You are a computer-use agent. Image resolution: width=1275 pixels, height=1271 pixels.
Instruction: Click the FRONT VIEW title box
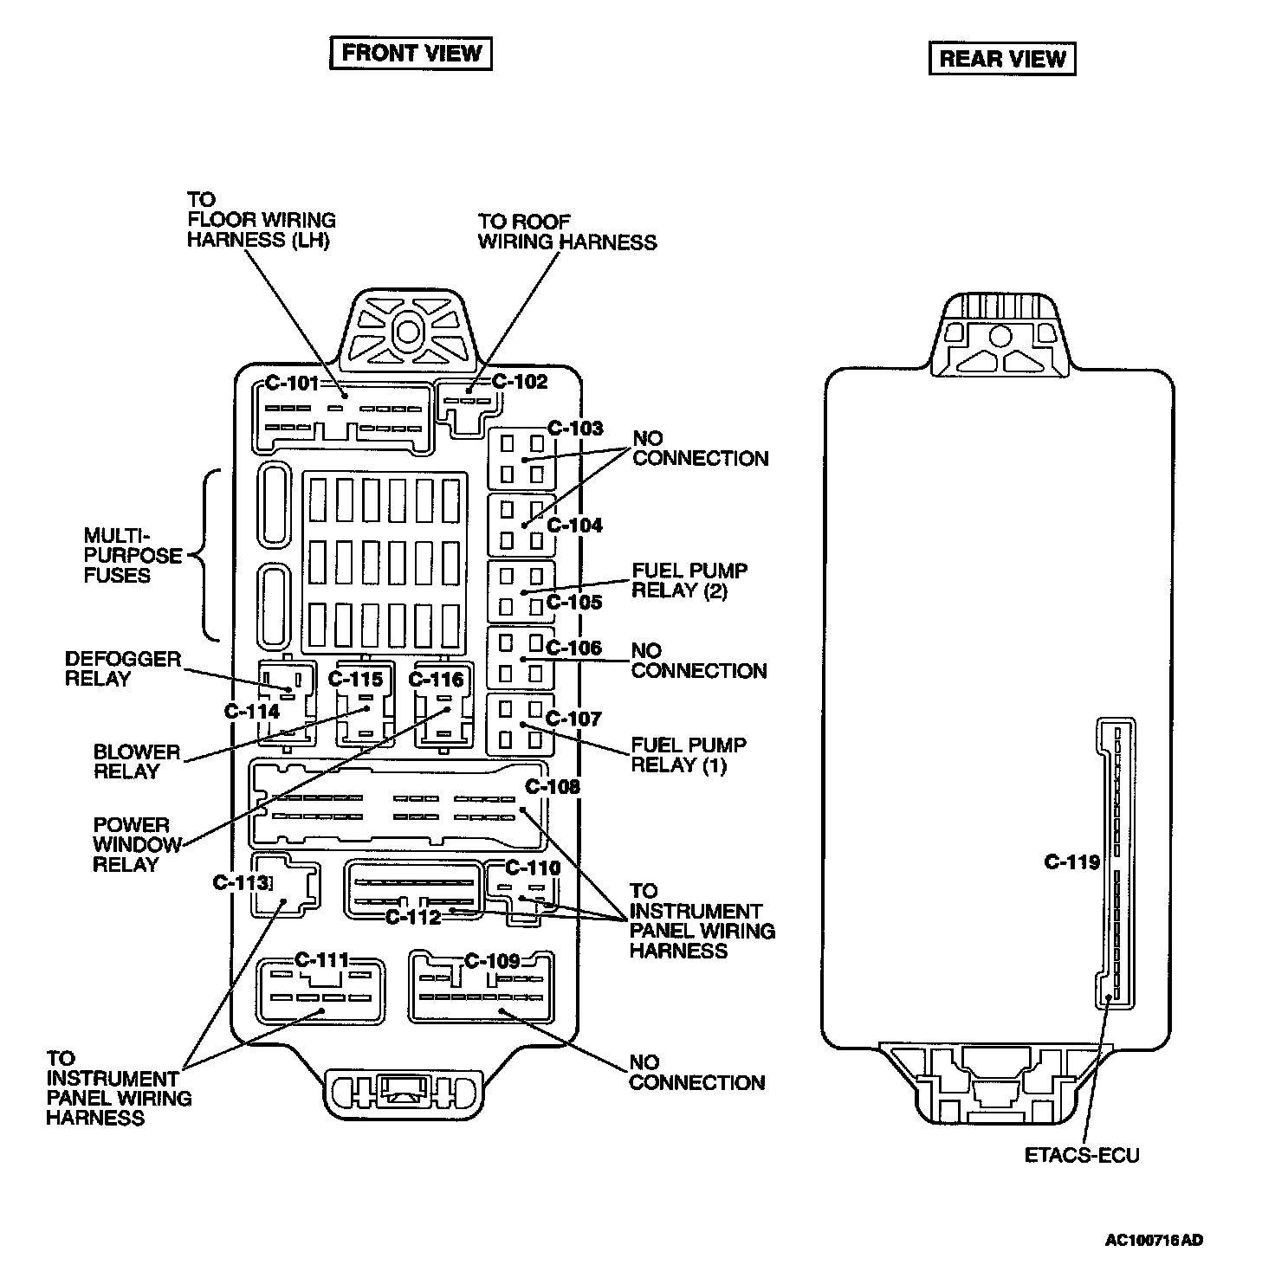click(411, 53)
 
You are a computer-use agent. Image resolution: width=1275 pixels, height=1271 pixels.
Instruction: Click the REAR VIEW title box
click(1002, 59)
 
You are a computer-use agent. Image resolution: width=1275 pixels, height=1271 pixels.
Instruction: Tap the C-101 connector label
click(291, 383)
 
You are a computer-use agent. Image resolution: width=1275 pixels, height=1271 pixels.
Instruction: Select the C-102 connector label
click(520, 381)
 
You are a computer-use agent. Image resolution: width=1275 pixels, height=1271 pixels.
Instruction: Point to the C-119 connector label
click(1071, 862)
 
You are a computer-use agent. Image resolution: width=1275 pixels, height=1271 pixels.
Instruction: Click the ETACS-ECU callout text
click(1082, 1155)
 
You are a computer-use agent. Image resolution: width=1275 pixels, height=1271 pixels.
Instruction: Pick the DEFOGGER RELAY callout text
click(123, 669)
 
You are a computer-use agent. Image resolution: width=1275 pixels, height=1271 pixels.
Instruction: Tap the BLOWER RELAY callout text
click(137, 762)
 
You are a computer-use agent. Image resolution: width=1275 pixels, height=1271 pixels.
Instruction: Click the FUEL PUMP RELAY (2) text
click(689, 581)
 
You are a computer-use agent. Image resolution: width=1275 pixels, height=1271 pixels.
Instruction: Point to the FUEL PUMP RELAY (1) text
click(689, 755)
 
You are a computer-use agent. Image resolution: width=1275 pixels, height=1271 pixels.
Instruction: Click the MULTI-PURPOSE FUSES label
click(133, 555)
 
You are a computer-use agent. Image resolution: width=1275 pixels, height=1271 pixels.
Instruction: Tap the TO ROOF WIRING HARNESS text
click(567, 232)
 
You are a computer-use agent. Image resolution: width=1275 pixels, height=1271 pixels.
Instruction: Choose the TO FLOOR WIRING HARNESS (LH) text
click(261, 220)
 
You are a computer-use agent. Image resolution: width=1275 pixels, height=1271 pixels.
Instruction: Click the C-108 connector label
click(553, 787)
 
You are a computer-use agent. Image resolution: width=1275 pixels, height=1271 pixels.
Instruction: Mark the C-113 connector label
click(241, 882)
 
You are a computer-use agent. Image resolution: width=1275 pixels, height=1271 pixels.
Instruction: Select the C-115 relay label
click(355, 680)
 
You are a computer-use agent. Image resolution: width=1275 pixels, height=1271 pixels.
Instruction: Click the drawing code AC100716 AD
click(1154, 1241)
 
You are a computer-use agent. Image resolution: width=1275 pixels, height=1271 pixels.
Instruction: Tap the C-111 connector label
click(321, 960)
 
